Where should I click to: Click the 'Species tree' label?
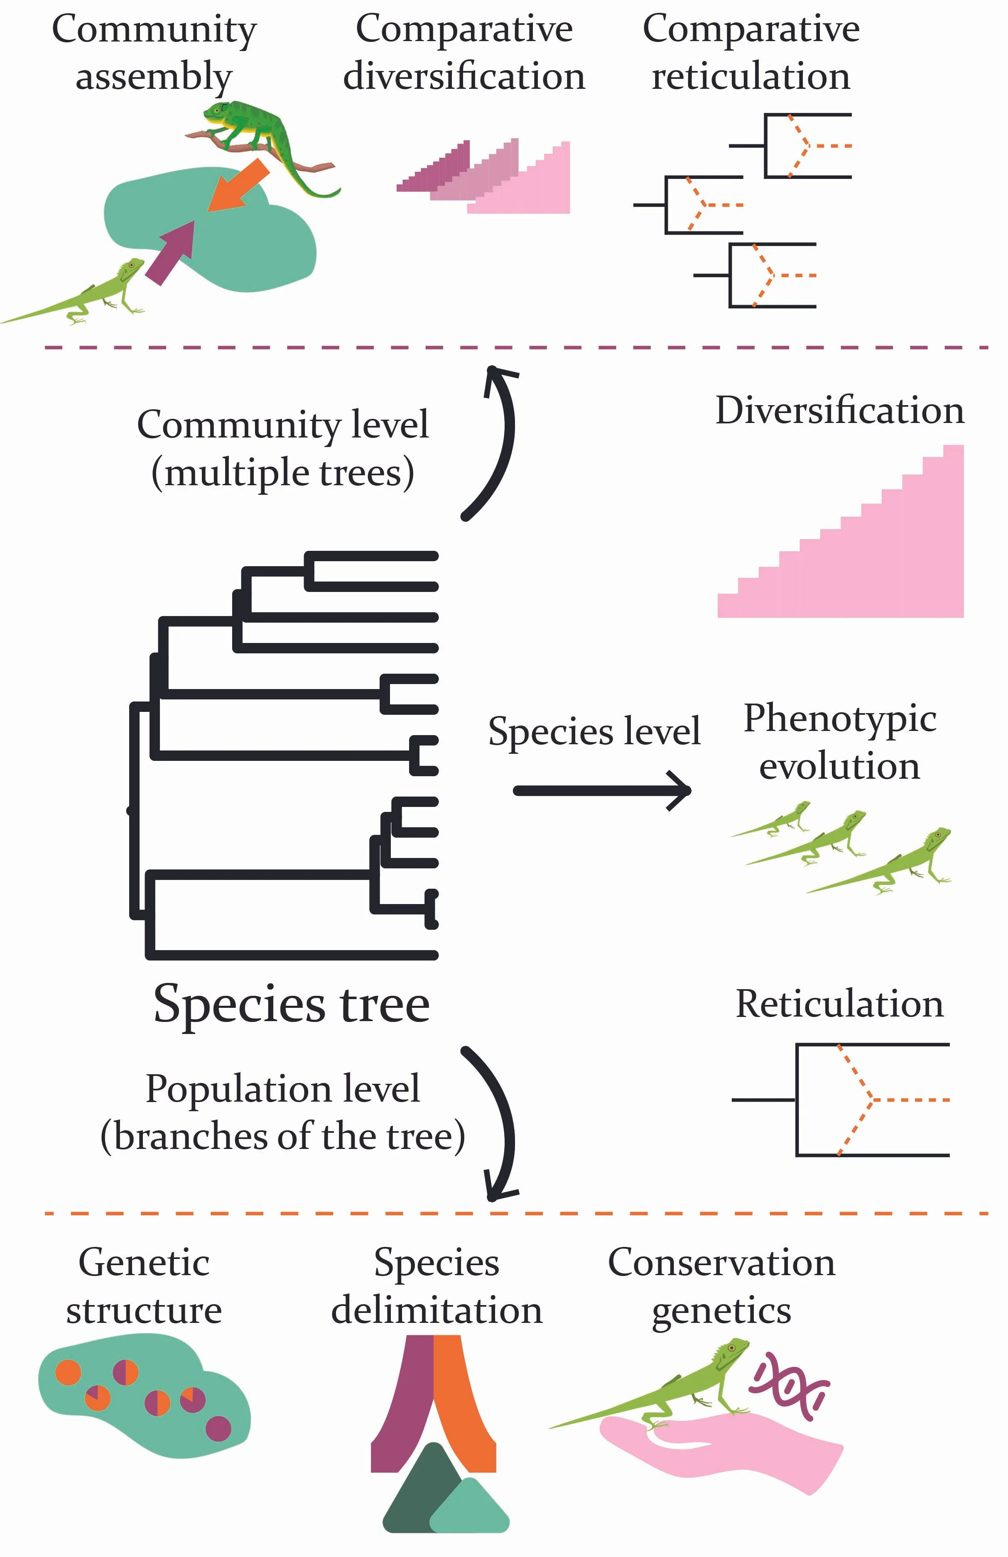click(x=291, y=1004)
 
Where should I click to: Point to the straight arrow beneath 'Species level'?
click(x=602, y=790)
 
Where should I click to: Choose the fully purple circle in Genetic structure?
click(x=218, y=1428)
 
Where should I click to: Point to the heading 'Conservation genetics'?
click(x=721, y=1286)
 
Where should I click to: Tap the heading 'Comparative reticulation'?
click(x=751, y=52)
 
